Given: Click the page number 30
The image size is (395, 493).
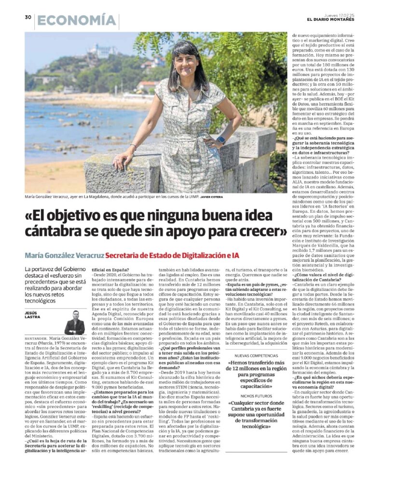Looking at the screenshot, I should click(28, 18).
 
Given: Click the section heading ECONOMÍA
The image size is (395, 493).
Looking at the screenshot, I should click(77, 21).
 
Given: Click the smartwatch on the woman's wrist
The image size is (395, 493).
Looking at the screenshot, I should click(220, 140).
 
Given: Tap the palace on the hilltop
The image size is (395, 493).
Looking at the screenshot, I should click(101, 50).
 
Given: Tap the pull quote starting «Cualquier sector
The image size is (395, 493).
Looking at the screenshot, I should click(249, 419).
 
